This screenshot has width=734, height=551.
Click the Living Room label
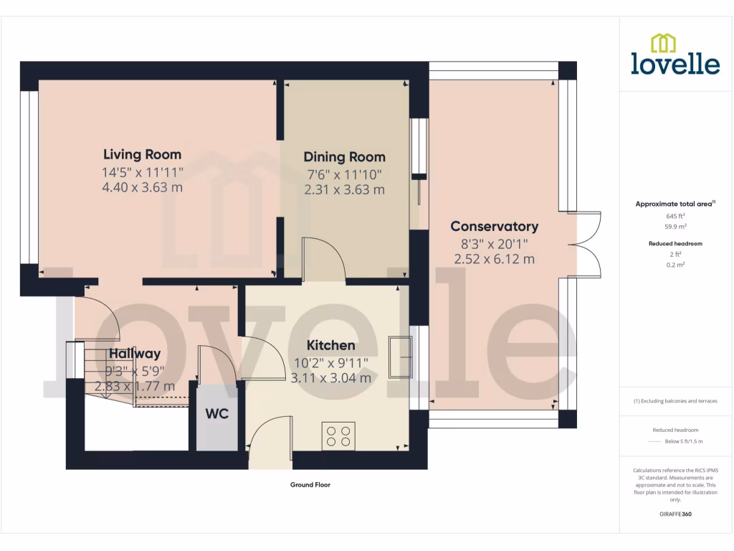[142, 154]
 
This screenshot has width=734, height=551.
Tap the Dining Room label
[344, 157]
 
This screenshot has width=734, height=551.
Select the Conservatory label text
[494, 227]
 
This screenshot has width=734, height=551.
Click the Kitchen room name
[330, 346]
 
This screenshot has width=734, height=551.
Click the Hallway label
[135, 353]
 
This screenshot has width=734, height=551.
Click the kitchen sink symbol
[399, 357]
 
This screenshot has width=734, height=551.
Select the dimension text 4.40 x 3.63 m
[142, 187]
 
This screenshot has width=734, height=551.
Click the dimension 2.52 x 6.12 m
[494, 259]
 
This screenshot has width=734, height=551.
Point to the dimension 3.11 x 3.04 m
[330, 378]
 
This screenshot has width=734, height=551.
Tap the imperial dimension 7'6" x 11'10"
[344, 174]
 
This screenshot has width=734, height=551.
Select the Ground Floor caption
[310, 485]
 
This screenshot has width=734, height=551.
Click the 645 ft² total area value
[675, 215]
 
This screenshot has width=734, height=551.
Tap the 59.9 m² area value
[675, 226]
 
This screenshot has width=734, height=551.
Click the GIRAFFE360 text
[675, 514]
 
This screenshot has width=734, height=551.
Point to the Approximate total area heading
[674, 204]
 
